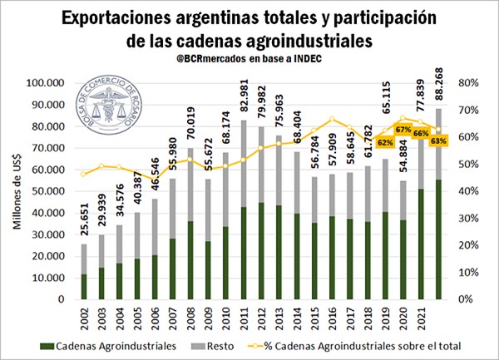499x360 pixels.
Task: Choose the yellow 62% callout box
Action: click(386, 142)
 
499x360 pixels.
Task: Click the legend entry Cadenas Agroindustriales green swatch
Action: click(57, 344)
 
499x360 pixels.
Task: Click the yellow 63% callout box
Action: click(439, 141)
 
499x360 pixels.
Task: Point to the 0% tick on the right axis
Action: click(466, 298)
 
